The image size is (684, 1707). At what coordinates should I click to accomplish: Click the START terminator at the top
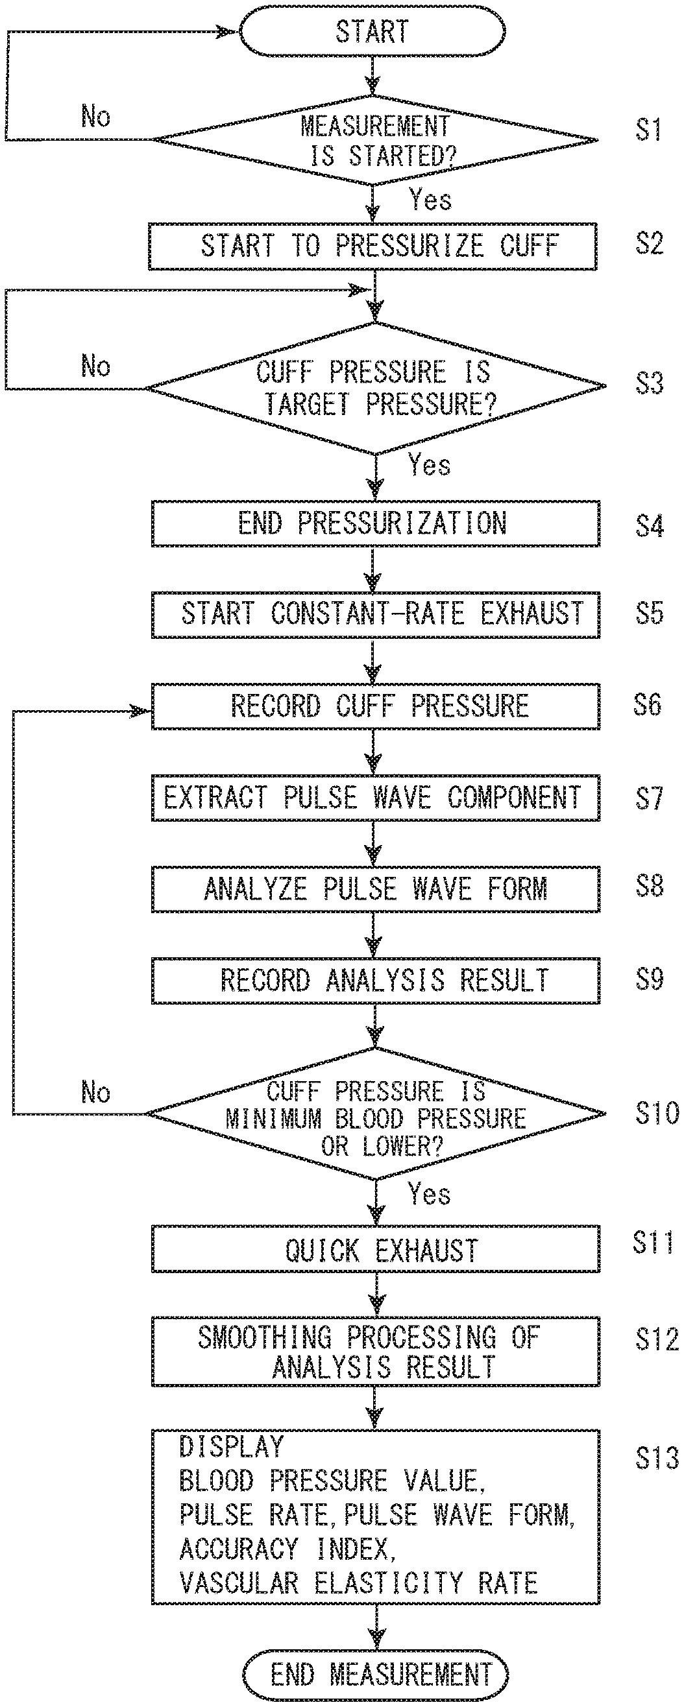372,31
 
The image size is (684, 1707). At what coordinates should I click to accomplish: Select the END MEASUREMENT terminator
375,1675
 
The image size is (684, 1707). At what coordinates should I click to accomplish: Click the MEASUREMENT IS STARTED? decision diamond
375,140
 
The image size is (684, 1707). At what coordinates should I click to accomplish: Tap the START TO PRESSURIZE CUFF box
373,246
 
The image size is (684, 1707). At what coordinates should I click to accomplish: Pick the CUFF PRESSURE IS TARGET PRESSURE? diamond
375,388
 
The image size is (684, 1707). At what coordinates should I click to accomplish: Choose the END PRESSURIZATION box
375,523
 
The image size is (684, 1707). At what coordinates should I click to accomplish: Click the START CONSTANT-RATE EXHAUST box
375,615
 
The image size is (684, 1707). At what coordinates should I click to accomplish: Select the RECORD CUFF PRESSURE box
375,706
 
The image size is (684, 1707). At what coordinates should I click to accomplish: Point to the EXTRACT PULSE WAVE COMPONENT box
375,798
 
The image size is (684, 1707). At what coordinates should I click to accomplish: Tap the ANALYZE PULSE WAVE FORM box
375,889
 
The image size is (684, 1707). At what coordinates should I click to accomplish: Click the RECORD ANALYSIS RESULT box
375,981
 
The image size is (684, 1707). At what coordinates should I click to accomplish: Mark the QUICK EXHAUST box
375,1249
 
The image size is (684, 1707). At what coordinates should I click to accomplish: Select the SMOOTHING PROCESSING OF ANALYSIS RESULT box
375,1352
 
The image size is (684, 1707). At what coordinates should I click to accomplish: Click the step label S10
657,1113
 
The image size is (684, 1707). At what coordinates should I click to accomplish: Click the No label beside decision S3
95,366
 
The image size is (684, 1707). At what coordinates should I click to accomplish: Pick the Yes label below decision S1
430,199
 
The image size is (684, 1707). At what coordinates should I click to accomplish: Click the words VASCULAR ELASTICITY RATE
359,1583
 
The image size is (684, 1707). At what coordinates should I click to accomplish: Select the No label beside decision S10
95,1092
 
